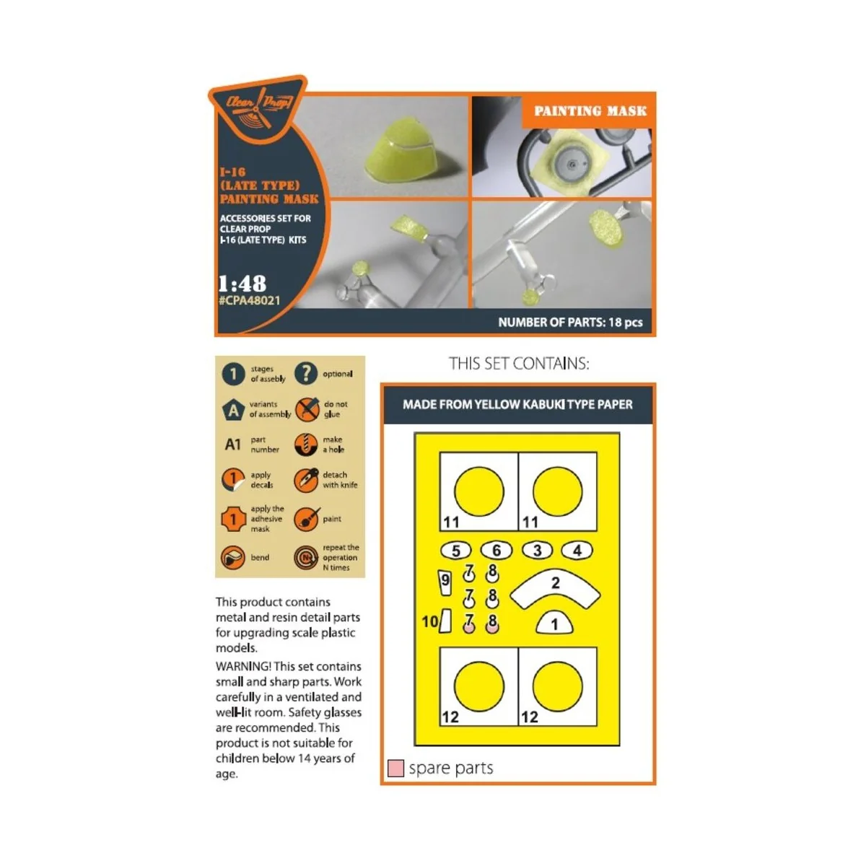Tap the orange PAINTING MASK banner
pos(590,111)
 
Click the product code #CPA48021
pos(249,300)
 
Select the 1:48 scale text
pos(242,283)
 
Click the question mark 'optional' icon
pos(306,373)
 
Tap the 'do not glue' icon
pos(307,409)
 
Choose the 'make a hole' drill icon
pos(306,445)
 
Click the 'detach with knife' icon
pos(306,480)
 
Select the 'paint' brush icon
pos(306,519)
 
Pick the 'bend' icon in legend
pos(232,557)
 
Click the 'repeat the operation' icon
pos(306,557)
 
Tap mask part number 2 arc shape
pos(555,587)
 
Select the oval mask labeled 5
pos(455,551)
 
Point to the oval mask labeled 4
pos(577,551)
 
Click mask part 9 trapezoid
pos(445,582)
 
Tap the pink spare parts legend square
pos(395,768)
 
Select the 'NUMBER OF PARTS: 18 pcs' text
pos(569,323)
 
